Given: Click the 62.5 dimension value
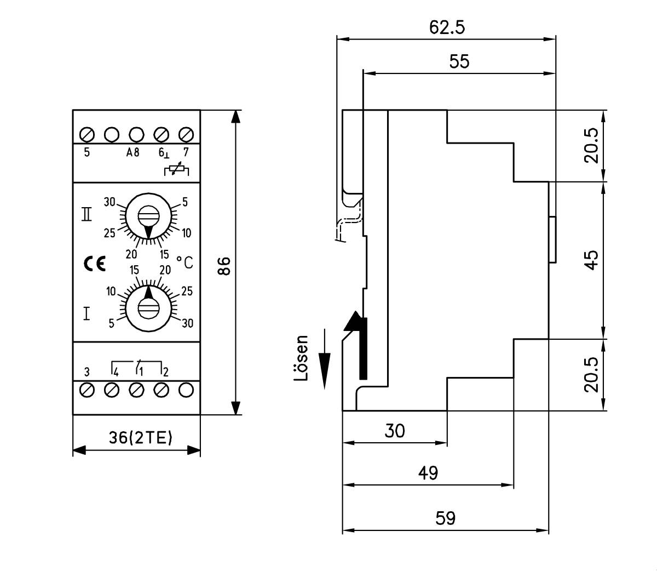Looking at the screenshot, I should [x=447, y=27].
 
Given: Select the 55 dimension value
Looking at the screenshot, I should [x=459, y=61].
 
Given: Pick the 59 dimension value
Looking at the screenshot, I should [x=445, y=518].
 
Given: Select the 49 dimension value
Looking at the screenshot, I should [x=428, y=473].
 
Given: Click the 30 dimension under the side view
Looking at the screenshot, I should [x=394, y=431].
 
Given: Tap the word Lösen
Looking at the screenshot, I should [x=301, y=358].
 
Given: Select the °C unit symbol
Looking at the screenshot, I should [x=185, y=263].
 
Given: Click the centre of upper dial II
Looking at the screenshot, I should [x=147, y=215].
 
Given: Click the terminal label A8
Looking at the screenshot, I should [x=133, y=153].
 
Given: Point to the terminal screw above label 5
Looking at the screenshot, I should [x=87, y=134].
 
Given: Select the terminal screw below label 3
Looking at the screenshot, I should [x=87, y=390].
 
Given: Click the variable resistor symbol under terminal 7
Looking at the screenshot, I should [x=176, y=170].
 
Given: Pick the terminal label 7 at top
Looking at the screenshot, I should [x=186, y=152].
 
